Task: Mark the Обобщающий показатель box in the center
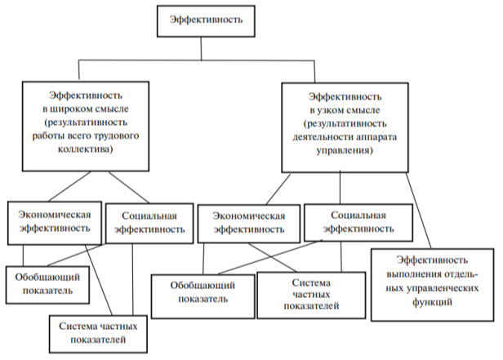(203, 292)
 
